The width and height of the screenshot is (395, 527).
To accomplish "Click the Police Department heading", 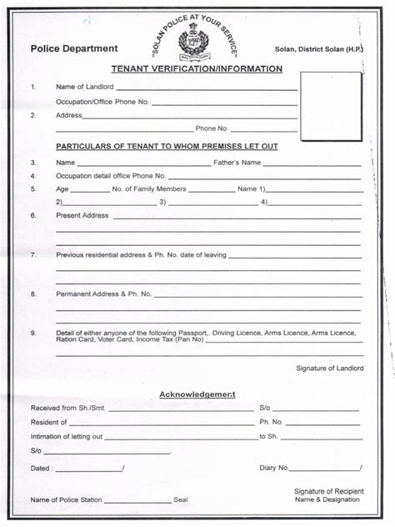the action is pyautogui.click(x=73, y=49).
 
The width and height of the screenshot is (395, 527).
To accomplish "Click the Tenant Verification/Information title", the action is pyautogui.click(x=197, y=69).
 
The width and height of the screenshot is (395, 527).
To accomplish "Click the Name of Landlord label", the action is pyautogui.click(x=84, y=88).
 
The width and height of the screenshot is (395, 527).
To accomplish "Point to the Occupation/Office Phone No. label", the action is pyautogui.click(x=102, y=102).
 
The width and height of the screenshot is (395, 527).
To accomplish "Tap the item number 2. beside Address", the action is pyautogui.click(x=33, y=115).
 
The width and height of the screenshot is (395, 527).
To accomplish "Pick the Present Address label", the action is pyautogui.click(x=82, y=215).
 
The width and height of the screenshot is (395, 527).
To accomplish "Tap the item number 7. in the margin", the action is pyautogui.click(x=33, y=254).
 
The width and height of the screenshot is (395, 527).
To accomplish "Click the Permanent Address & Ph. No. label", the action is pyautogui.click(x=103, y=294).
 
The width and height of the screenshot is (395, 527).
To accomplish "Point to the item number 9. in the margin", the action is pyautogui.click(x=33, y=334).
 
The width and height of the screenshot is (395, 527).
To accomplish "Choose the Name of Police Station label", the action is pyautogui.click(x=67, y=499).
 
